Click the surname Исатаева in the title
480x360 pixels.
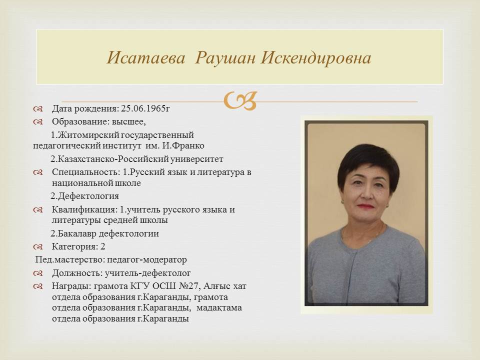146,57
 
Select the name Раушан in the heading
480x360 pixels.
225,57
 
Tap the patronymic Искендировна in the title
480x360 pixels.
316,57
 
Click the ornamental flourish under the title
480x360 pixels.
240,100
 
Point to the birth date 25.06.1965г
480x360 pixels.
145,108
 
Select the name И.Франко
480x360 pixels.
183,145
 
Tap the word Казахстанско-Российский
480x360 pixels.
112,159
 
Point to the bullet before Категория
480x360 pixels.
38,246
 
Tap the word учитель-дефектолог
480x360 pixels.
148,273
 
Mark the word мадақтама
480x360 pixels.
219,307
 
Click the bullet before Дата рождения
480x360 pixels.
38,108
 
